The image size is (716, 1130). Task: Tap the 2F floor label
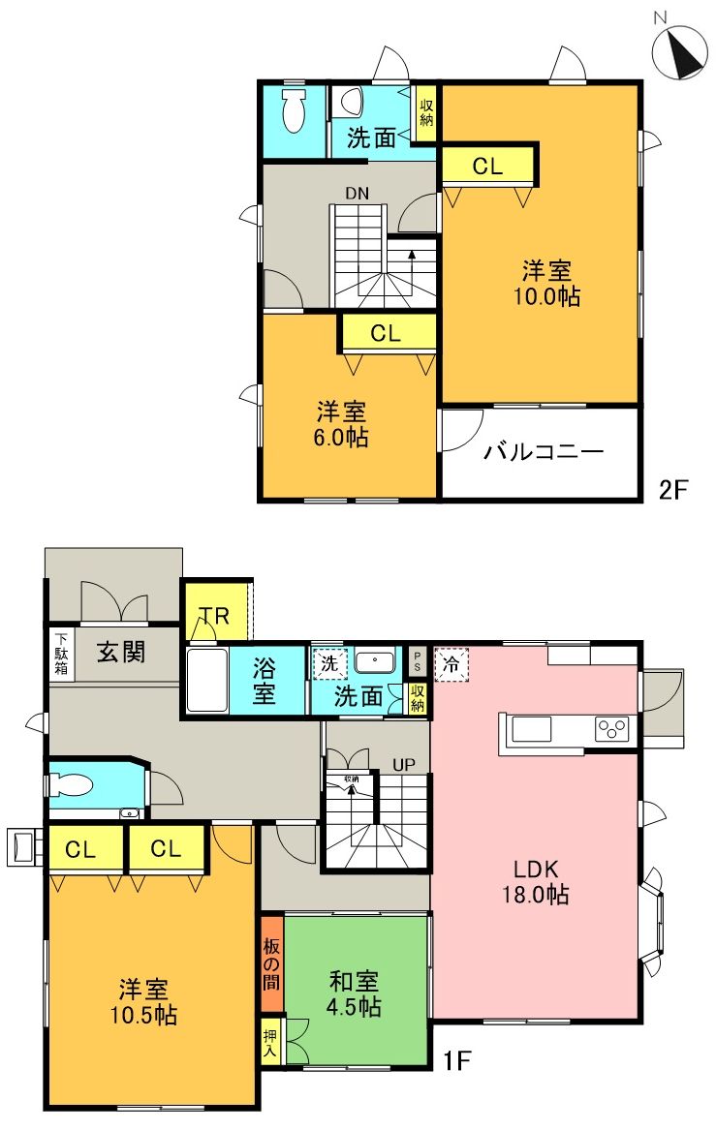[x=672, y=489]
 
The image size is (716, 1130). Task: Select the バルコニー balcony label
[x=544, y=452]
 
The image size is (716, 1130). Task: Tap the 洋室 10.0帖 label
[x=548, y=283]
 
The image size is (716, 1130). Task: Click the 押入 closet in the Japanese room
[x=270, y=1041]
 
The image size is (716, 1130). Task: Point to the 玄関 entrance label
[x=120, y=652]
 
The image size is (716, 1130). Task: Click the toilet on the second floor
[x=292, y=113]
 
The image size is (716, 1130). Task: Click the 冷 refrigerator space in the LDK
[x=451, y=664]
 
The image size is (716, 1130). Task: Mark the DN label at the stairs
[x=357, y=193]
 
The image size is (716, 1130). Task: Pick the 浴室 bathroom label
[x=266, y=681]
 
